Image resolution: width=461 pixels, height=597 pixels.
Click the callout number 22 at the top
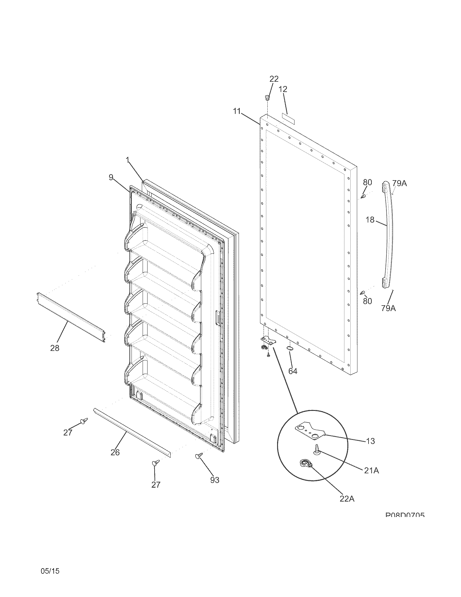point(274,79)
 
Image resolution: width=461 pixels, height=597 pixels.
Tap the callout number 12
point(283,89)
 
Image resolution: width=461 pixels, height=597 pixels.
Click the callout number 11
point(237,111)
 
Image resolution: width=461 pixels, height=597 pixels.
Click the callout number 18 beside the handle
point(370,220)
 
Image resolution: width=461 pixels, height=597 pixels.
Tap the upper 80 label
point(368,182)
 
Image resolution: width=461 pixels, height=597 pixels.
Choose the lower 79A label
point(389,308)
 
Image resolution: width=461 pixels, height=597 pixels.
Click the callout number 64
point(293,371)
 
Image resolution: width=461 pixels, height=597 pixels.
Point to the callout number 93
point(215,480)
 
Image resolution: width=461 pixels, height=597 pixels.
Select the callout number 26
point(115,452)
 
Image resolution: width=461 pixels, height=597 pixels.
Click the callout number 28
point(55,348)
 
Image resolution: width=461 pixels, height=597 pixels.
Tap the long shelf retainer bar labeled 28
point(71,317)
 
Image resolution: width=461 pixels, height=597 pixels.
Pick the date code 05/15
point(50,563)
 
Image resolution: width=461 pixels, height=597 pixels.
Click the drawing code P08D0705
point(405,515)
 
